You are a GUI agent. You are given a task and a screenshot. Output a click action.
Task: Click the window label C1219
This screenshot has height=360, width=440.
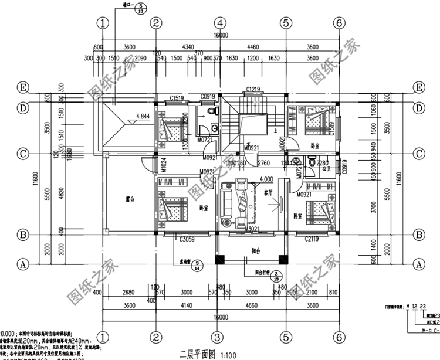[253, 89]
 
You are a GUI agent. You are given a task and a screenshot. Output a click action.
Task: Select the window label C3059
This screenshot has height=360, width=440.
[187, 239]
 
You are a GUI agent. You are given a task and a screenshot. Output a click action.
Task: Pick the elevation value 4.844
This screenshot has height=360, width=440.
[143, 116]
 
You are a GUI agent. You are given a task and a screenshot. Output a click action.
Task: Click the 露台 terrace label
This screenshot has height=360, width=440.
[122, 199]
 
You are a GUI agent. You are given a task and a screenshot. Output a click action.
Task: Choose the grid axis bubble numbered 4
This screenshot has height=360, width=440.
[219, 23]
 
